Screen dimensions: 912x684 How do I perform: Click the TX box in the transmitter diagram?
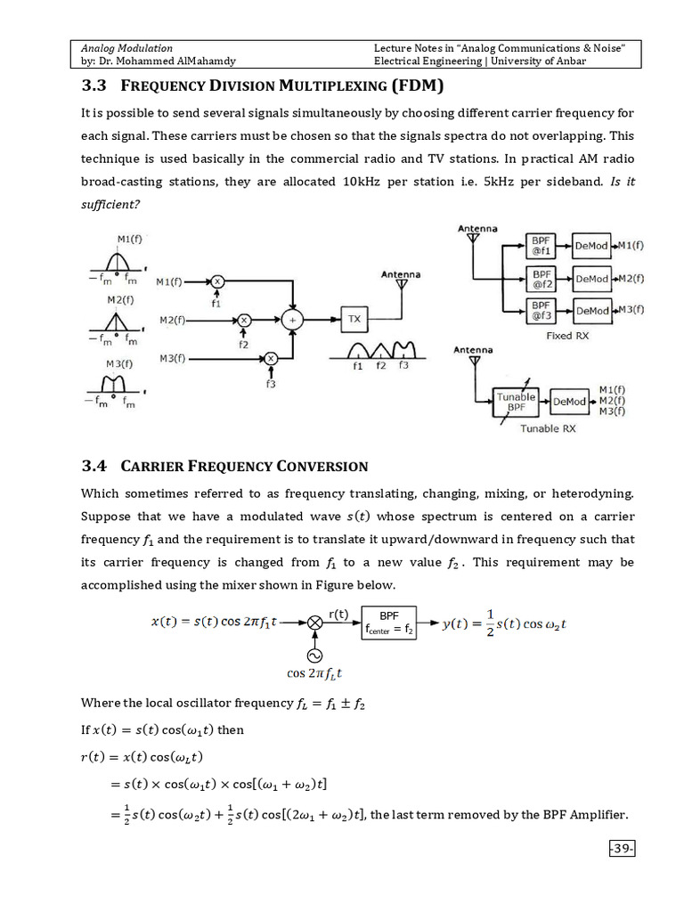click(x=354, y=318)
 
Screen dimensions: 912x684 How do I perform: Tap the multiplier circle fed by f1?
click(x=216, y=282)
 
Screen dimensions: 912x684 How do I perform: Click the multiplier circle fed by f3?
click(x=272, y=358)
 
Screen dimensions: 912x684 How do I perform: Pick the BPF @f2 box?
click(x=542, y=279)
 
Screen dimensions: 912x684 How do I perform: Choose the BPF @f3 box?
click(x=542, y=311)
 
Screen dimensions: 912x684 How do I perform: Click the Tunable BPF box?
click(x=517, y=403)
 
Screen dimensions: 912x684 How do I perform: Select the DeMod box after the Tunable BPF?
click(x=570, y=402)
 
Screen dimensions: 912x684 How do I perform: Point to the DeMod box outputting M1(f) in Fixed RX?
click(x=591, y=246)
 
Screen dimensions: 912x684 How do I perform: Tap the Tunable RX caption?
click(x=548, y=429)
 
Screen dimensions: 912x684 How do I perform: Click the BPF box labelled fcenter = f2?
click(x=388, y=623)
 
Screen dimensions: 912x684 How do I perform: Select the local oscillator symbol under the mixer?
click(x=314, y=655)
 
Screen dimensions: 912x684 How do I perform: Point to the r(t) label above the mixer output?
click(x=338, y=614)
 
